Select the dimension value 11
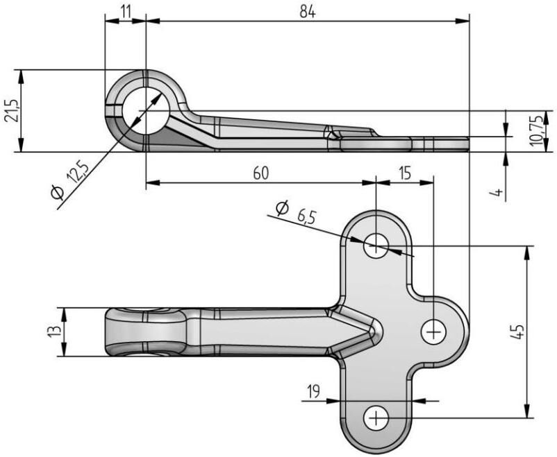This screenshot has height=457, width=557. (125, 11)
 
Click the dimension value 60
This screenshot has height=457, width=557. (260, 173)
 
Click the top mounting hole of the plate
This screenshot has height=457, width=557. (376, 244)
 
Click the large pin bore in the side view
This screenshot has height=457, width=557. (145, 111)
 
